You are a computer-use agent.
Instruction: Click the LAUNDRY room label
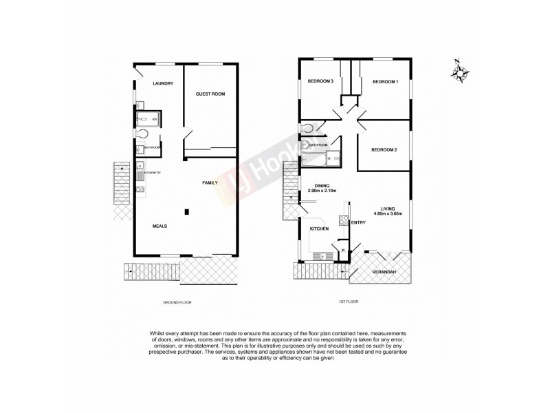pyautogui.click(x=163, y=83)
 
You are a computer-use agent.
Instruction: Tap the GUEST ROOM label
pyautogui.click(x=210, y=93)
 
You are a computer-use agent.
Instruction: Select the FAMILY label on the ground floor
pyautogui.click(x=210, y=182)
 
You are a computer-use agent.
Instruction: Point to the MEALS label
pyautogui.click(x=159, y=225)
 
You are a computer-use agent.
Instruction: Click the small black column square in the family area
pyautogui.click(x=186, y=211)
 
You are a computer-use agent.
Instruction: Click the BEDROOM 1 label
pyautogui.click(x=385, y=82)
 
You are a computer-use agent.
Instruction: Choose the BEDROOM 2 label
pyautogui.click(x=384, y=149)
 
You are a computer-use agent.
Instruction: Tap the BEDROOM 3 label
pyautogui.click(x=320, y=82)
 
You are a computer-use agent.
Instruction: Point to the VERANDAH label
pyautogui.click(x=384, y=273)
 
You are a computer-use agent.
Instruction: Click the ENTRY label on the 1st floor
pyautogui.click(x=358, y=222)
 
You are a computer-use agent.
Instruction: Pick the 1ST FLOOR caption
pyautogui.click(x=349, y=302)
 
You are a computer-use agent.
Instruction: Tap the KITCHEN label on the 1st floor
pyautogui.click(x=319, y=228)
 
